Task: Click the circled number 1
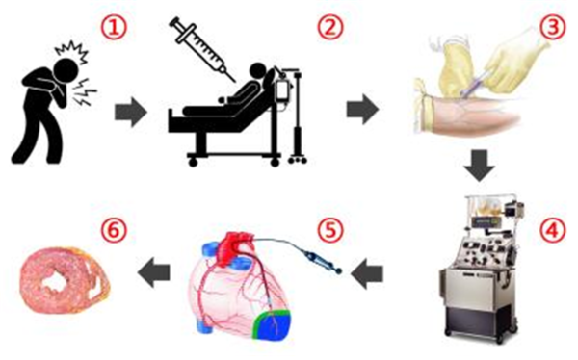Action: coord(114,28)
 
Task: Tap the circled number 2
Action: coord(330,28)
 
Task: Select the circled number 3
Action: coord(553,28)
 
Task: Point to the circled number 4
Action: coord(553,230)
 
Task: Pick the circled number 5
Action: coord(330,230)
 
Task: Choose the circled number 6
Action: coord(114,230)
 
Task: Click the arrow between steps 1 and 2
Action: coord(131,112)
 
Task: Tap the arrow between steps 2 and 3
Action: coord(362,110)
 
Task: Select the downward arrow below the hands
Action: coord(479,166)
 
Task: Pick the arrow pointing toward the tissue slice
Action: coord(153,272)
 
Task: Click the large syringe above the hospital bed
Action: coord(202,50)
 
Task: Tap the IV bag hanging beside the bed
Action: coord(283,90)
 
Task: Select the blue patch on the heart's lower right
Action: coord(274,323)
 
